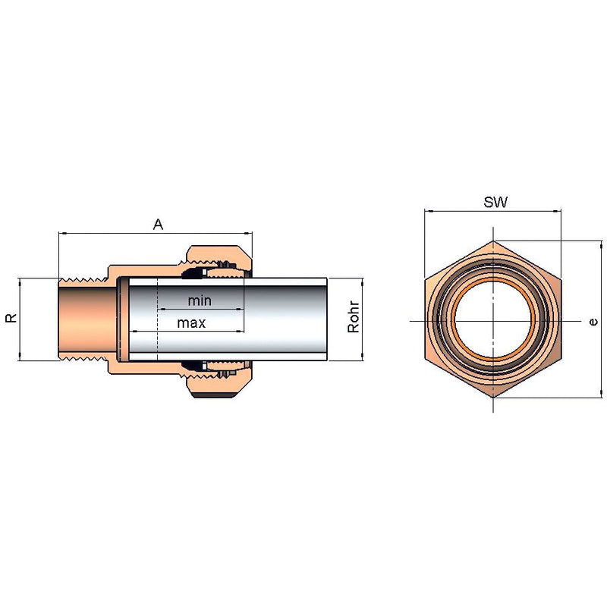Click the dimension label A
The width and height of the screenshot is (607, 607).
click(x=158, y=225)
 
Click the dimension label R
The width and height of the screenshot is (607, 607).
click(x=11, y=318)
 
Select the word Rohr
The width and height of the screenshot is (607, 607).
click(x=354, y=316)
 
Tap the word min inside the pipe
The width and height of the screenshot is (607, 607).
click(x=200, y=300)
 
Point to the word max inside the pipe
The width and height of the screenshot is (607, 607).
click(x=192, y=323)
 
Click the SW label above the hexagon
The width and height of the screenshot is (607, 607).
click(x=495, y=202)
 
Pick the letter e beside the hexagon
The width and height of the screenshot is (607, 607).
click(x=593, y=322)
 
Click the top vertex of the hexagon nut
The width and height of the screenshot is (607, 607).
click(x=492, y=241)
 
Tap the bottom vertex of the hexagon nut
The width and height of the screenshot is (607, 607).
click(x=492, y=398)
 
